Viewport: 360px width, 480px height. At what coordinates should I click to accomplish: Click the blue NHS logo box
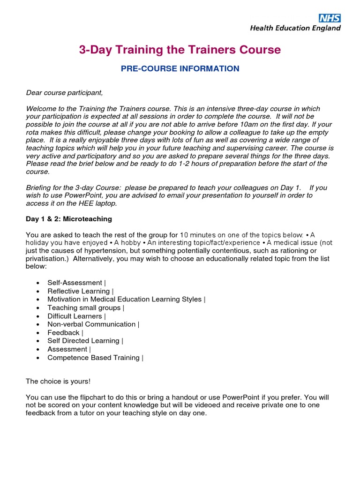coord(330,18)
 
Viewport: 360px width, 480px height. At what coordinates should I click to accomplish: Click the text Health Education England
coord(295,28)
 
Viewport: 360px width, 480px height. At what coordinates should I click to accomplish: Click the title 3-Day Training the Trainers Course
coord(180,50)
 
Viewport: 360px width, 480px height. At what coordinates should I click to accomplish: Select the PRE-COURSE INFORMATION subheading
coord(180,69)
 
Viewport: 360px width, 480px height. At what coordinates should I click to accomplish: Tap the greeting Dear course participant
coord(64,92)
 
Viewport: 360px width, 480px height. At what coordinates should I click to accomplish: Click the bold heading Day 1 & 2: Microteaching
coord(69,219)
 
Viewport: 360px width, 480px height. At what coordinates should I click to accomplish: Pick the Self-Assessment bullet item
coord(75,283)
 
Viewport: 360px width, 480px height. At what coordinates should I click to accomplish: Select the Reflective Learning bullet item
coord(79,291)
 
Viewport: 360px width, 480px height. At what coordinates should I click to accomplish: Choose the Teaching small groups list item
coord(84,307)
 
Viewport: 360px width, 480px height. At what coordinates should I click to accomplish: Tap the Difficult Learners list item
coord(75,316)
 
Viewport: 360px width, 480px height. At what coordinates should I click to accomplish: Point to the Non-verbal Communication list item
coord(92,324)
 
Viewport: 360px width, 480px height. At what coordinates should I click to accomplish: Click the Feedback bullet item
coord(64,332)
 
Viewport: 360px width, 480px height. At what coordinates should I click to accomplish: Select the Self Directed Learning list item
coord(84,341)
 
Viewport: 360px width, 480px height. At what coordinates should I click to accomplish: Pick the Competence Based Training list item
coord(94,358)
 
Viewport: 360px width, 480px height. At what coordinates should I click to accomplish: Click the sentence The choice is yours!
coord(58,381)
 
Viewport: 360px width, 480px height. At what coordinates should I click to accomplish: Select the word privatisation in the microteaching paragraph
coord(46,259)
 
